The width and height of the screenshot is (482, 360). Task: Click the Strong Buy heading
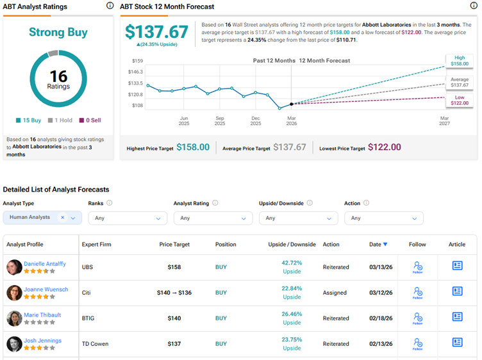click(x=58, y=32)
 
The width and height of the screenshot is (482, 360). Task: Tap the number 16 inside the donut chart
click(x=58, y=76)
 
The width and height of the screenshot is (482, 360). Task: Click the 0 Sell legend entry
click(x=90, y=120)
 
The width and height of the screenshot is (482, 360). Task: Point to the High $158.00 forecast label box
click(x=460, y=61)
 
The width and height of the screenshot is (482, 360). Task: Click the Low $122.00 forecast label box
click(x=460, y=99)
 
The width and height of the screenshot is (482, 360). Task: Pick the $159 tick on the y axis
click(x=137, y=61)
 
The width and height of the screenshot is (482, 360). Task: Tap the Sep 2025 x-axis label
click(x=220, y=120)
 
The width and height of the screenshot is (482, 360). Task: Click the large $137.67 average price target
click(x=156, y=33)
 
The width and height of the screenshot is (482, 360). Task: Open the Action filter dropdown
click(x=383, y=218)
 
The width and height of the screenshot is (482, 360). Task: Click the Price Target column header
click(x=175, y=245)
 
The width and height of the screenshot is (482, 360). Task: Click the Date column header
click(x=378, y=245)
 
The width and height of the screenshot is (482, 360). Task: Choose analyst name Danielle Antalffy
click(x=45, y=264)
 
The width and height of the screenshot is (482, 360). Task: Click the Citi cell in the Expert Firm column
click(x=87, y=293)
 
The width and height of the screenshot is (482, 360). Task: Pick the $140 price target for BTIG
click(x=174, y=318)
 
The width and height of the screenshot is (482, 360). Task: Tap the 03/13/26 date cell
click(x=381, y=267)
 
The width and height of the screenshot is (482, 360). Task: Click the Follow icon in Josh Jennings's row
click(x=418, y=343)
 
